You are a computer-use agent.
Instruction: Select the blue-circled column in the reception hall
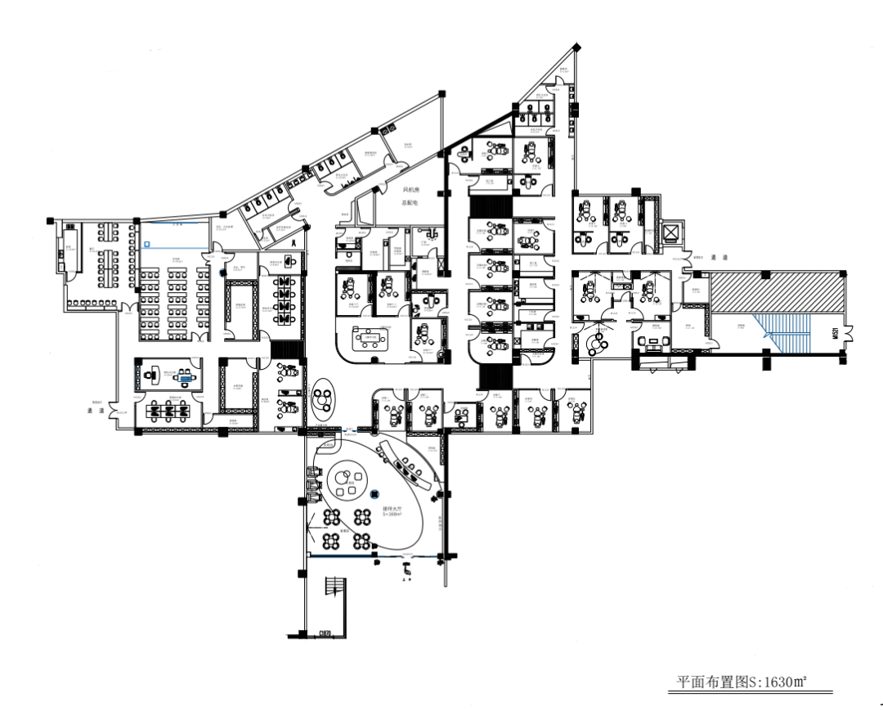click(x=375, y=493)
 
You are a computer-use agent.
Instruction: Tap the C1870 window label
click(x=325, y=632)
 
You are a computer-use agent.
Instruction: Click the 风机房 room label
click(x=410, y=190)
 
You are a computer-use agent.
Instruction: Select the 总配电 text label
click(x=410, y=201)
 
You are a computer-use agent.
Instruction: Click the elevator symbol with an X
click(x=672, y=233)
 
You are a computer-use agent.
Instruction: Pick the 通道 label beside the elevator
click(x=719, y=257)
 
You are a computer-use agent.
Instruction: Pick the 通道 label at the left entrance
click(x=97, y=411)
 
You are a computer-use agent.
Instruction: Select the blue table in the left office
click(x=188, y=378)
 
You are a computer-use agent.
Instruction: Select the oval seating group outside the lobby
click(x=323, y=399)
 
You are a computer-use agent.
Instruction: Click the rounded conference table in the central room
click(x=370, y=337)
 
